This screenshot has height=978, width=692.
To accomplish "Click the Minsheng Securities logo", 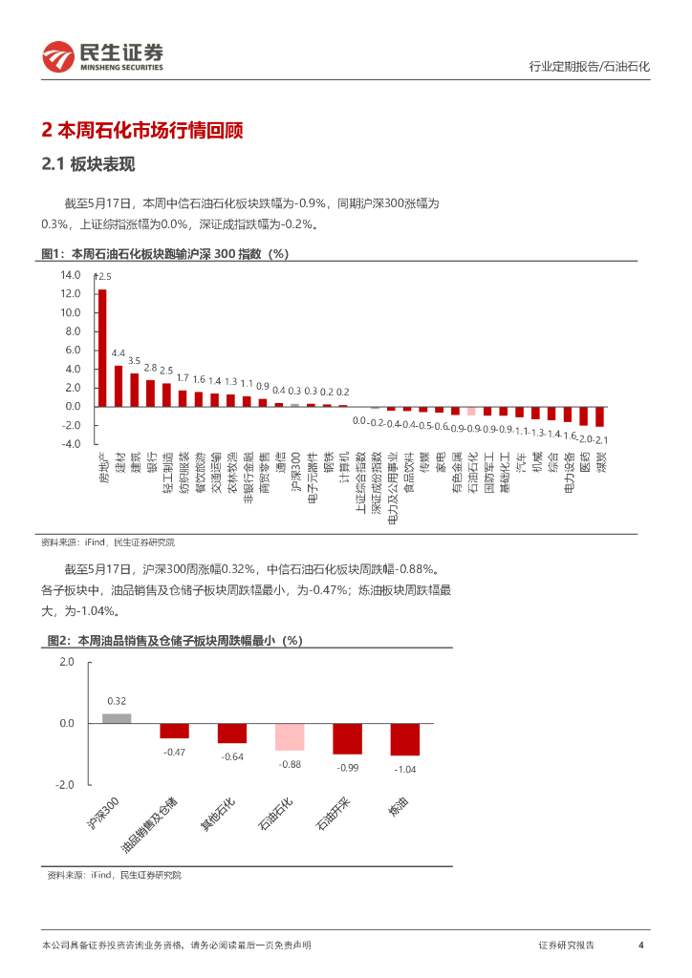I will tap(102, 57).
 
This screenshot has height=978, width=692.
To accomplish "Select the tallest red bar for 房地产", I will tap(102, 348).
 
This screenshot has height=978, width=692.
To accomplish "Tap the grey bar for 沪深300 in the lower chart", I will tap(117, 718).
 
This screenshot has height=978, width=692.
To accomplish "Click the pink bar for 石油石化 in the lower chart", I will tap(290, 737).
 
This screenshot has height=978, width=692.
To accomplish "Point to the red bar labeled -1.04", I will tap(404, 739).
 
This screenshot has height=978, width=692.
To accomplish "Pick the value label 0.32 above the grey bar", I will tap(117, 701).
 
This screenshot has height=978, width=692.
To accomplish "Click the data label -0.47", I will tap(174, 752).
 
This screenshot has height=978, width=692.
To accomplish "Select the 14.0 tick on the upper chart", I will tap(70, 274).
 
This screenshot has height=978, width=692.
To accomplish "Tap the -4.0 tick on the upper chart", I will tap(70, 444).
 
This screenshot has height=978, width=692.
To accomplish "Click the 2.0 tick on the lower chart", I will tap(66, 662).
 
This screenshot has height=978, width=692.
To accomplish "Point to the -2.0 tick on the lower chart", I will tap(64, 785).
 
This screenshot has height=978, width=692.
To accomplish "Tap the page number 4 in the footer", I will tap(640, 946).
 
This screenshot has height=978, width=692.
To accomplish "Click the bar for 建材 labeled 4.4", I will tap(119, 386).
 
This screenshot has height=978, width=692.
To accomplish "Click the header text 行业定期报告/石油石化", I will tap(589, 67).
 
